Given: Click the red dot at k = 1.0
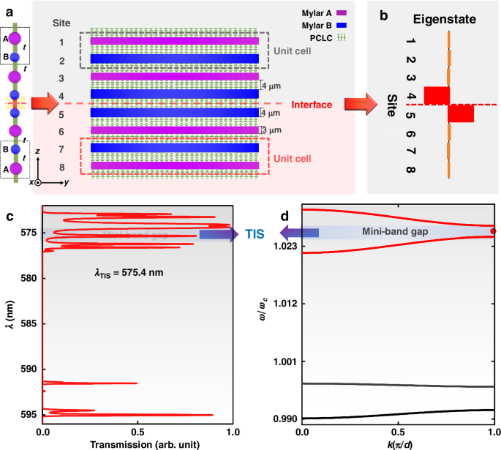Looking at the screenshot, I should [493, 231].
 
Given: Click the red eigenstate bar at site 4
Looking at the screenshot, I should [437, 95].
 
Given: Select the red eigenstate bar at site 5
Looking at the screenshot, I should [461, 114].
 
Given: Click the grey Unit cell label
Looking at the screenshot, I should [294, 51].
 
